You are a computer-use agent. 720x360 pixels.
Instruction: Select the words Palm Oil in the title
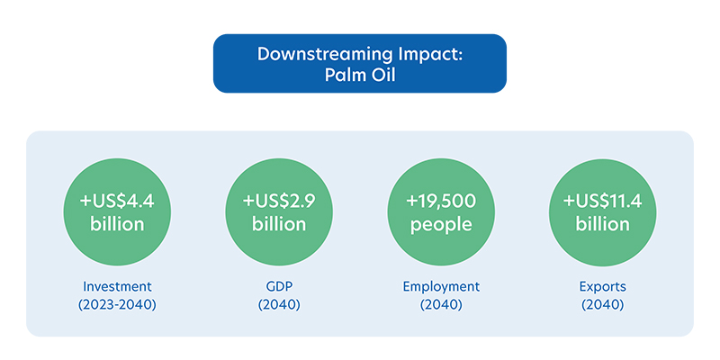coord(360,75)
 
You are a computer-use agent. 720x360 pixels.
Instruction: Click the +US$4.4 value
coord(117,202)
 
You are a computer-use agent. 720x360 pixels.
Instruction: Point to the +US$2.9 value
coord(279,202)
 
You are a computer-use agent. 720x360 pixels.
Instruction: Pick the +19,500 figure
coord(441,202)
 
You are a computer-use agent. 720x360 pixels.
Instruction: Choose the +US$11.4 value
coord(603,202)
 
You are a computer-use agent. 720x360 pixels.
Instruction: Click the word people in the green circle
coord(441,225)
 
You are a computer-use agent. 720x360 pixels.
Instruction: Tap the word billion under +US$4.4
coord(117,224)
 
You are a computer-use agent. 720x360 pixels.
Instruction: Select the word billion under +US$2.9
coord(279,224)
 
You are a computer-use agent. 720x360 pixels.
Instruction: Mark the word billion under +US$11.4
coord(603,224)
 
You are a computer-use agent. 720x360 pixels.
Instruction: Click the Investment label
coord(117,287)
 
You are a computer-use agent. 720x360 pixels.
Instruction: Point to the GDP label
coord(279,287)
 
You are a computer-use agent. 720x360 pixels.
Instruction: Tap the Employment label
coord(441,287)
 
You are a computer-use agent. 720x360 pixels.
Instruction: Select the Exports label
coord(603,287)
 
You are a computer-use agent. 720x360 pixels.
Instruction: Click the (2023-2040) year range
coord(117,305)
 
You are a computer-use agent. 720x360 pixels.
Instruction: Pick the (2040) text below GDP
coord(279,305)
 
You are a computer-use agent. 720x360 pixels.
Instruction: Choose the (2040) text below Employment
coord(441,305)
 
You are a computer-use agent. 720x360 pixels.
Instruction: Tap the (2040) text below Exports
coord(603,305)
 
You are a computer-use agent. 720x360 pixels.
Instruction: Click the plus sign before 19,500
coord(411,202)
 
